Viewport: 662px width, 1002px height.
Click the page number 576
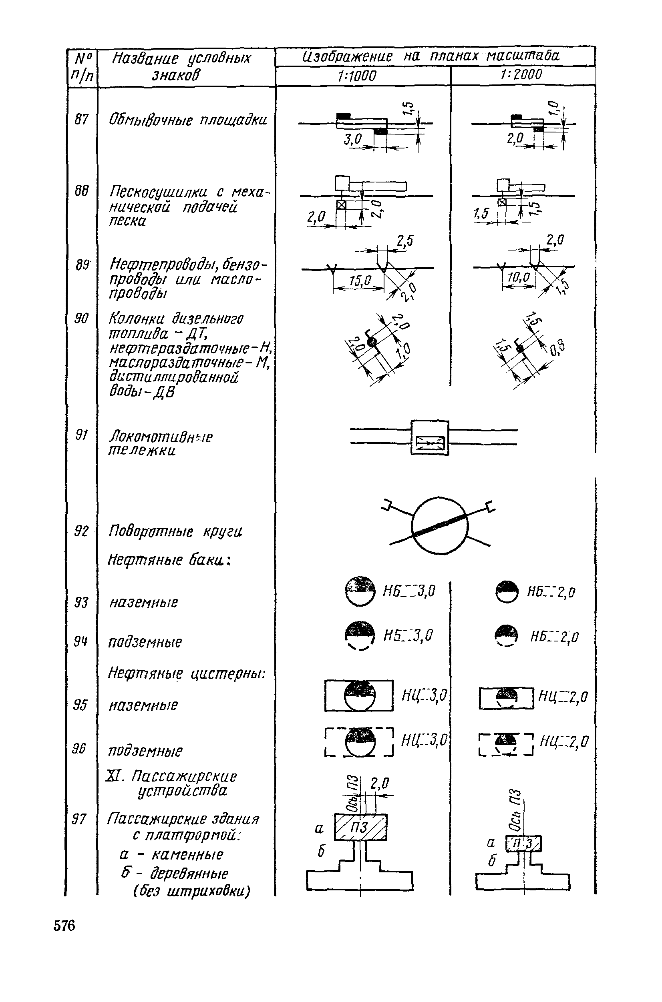pyautogui.click(x=64, y=925)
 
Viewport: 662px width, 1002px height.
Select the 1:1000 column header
pyautogui.click(x=357, y=76)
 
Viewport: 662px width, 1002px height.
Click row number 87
pyautogui.click(x=81, y=119)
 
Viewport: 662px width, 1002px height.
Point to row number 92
pyautogui.click(x=81, y=531)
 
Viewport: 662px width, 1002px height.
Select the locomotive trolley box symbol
pyautogui.click(x=429, y=437)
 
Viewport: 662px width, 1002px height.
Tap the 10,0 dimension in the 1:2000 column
pyautogui.click(x=518, y=278)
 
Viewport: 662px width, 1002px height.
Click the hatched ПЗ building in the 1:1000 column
pyautogui.click(x=360, y=828)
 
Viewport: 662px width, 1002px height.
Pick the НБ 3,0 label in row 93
pyautogui.click(x=408, y=591)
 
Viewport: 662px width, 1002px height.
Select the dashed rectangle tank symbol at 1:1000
pyautogui.click(x=359, y=741)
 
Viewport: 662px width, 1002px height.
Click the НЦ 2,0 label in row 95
pyautogui.click(x=563, y=697)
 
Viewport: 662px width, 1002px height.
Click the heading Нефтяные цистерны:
pyautogui.click(x=186, y=673)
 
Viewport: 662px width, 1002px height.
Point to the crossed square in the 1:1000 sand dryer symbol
pyautogui.click(x=341, y=205)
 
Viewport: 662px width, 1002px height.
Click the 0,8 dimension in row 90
pyautogui.click(x=557, y=348)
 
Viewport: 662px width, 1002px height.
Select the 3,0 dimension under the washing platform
pyautogui.click(x=352, y=138)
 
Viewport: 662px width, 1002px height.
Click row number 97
pyautogui.click(x=79, y=819)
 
